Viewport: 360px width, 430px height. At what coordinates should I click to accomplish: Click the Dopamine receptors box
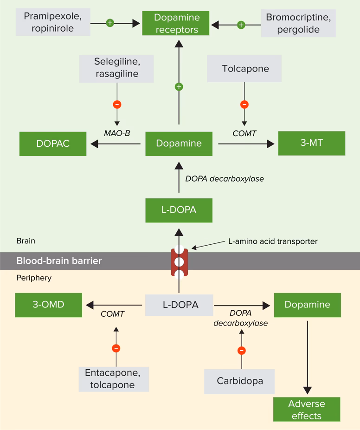tap(176, 24)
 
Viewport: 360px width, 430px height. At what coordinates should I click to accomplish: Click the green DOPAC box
tap(53, 143)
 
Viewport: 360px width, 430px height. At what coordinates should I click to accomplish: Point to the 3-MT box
tap(311, 143)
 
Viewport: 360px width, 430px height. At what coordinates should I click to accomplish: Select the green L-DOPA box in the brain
tap(179, 210)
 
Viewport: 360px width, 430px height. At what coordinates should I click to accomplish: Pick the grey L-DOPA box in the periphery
tap(180, 305)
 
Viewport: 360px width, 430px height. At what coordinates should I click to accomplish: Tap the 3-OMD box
tap(48, 305)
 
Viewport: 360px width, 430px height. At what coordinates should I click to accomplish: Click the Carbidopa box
tap(240, 381)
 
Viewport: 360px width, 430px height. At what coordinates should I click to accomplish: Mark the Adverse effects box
tap(307, 409)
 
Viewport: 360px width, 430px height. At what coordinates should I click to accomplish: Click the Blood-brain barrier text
tap(59, 261)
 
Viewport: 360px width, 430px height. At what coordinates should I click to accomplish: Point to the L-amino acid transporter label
tap(272, 241)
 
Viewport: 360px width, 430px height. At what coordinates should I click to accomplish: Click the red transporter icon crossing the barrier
tap(179, 262)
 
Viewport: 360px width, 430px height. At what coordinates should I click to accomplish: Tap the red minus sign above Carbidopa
tap(241, 351)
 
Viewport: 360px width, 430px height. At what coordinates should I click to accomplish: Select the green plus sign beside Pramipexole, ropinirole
tap(110, 22)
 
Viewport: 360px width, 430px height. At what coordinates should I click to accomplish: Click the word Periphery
tap(34, 278)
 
